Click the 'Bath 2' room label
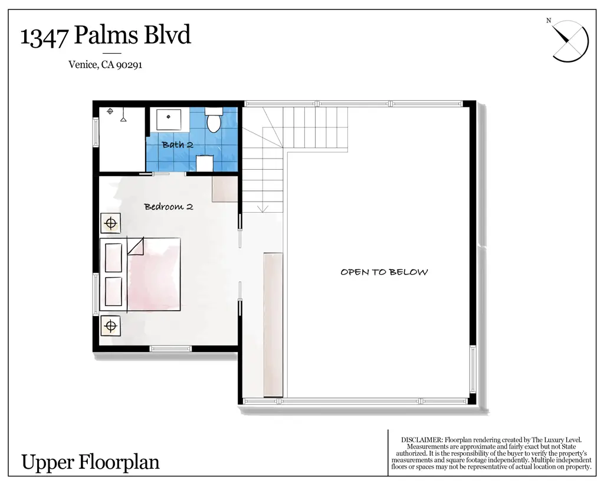tap(178, 144)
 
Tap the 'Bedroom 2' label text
tap(169, 207)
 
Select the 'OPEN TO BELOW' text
tap(384, 272)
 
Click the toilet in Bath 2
tap(214, 121)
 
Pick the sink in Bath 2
tap(169, 118)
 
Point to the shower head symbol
tap(124, 118)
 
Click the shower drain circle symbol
tap(110, 111)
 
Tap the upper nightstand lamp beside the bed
tap(110, 223)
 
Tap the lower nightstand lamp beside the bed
tap(110, 325)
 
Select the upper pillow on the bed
tap(113, 257)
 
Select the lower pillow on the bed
tap(113, 291)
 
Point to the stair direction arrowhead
tap(263, 209)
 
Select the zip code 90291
tap(129, 65)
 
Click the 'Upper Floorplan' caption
tap(90, 462)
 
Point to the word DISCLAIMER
tap(421, 440)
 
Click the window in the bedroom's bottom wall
tap(170, 348)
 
